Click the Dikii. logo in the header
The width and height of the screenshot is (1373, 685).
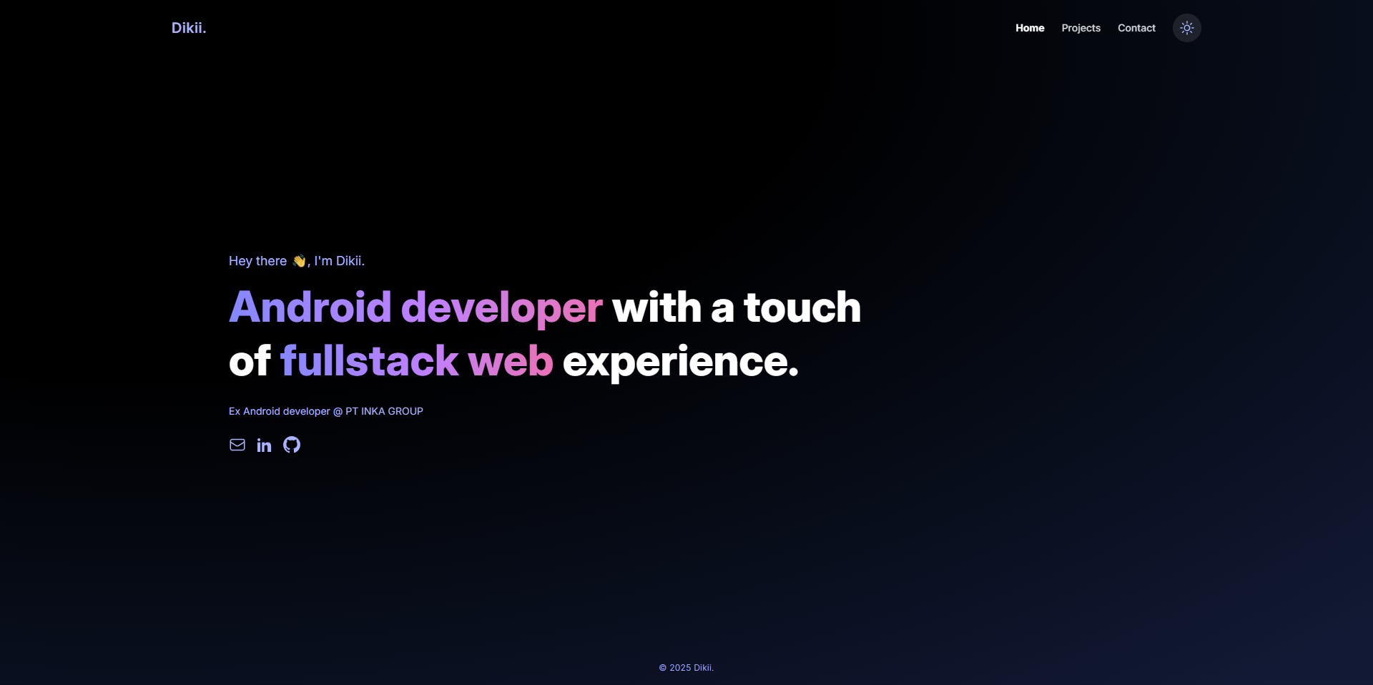[x=189, y=28]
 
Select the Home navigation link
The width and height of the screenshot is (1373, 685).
[x=1030, y=28]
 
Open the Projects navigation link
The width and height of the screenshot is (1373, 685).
[x=1081, y=28]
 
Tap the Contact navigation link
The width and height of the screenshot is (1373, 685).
[x=1136, y=28]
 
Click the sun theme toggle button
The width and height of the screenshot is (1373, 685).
[x=1187, y=28]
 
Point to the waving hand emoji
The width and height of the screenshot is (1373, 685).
[x=299, y=261]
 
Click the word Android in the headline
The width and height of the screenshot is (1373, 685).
[x=310, y=307]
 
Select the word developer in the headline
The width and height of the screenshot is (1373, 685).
[x=501, y=308]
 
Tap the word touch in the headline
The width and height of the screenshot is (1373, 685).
[x=802, y=307]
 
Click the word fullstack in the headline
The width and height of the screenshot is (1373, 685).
[x=369, y=360]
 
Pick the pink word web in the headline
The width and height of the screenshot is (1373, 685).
[x=511, y=361]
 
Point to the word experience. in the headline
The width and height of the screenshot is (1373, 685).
[x=681, y=363]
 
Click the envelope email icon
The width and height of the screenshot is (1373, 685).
[x=237, y=445]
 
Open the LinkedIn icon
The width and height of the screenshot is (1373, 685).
[x=265, y=445]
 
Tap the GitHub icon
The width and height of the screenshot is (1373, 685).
[x=292, y=445]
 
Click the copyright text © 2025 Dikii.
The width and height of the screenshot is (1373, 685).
[x=686, y=668]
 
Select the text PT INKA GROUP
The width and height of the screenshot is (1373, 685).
[x=385, y=411]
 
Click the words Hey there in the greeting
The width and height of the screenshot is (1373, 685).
[x=257, y=261]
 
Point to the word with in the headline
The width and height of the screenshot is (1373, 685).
[x=656, y=307]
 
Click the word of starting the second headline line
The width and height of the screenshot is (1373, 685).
[x=250, y=360]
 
